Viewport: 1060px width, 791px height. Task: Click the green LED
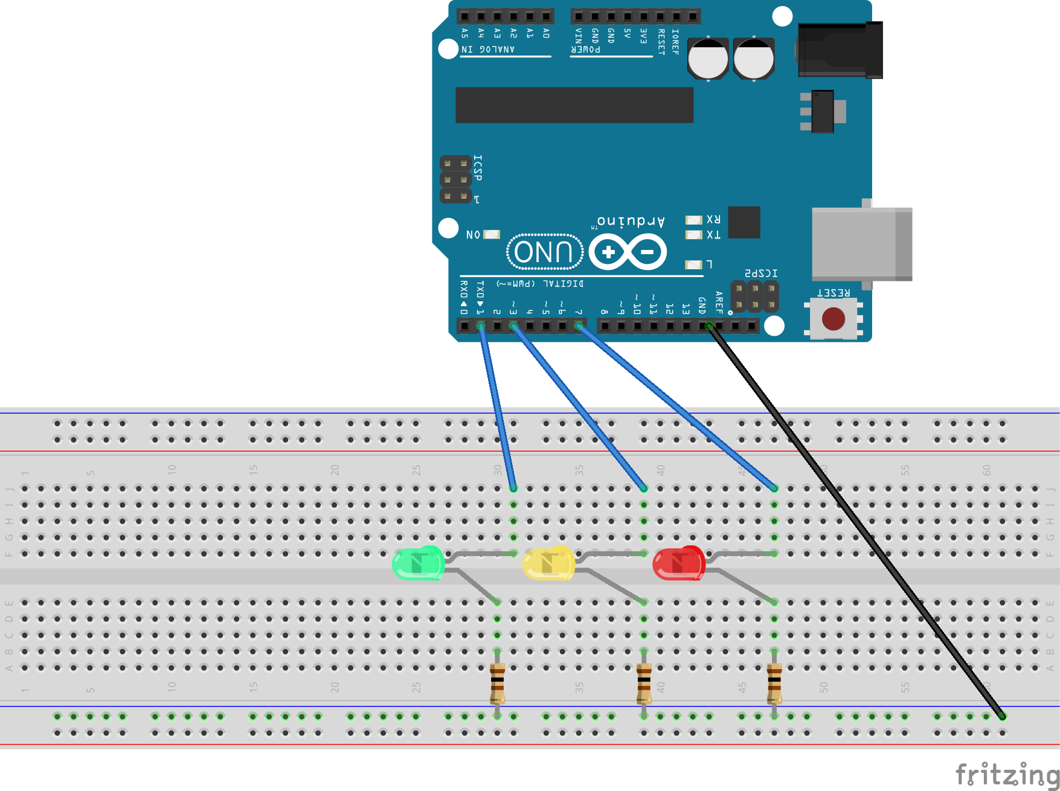(419, 563)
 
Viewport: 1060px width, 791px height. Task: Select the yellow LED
(548, 563)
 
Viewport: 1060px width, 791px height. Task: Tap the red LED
(679, 563)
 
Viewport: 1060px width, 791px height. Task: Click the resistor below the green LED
(497, 684)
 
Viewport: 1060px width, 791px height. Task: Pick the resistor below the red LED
(774, 684)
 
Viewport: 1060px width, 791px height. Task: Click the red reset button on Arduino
(834, 319)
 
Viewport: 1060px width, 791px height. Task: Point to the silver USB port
(861, 244)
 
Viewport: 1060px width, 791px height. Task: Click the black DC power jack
(840, 50)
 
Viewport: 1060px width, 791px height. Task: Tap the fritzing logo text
(1007, 775)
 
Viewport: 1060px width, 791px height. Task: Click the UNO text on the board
(544, 252)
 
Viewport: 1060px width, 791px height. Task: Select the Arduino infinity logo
(628, 252)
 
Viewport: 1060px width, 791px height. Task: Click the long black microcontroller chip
(574, 105)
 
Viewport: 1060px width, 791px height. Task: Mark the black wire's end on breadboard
(1002, 716)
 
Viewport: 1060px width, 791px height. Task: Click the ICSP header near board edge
(455, 179)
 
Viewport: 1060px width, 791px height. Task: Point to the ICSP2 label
(761, 274)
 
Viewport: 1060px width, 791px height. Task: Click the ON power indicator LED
(492, 234)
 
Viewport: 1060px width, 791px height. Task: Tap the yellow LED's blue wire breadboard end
(644, 488)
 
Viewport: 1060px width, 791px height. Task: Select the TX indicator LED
(693, 234)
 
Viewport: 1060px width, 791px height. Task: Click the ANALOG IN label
(488, 50)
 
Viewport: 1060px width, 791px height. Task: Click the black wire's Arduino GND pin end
(709, 327)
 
